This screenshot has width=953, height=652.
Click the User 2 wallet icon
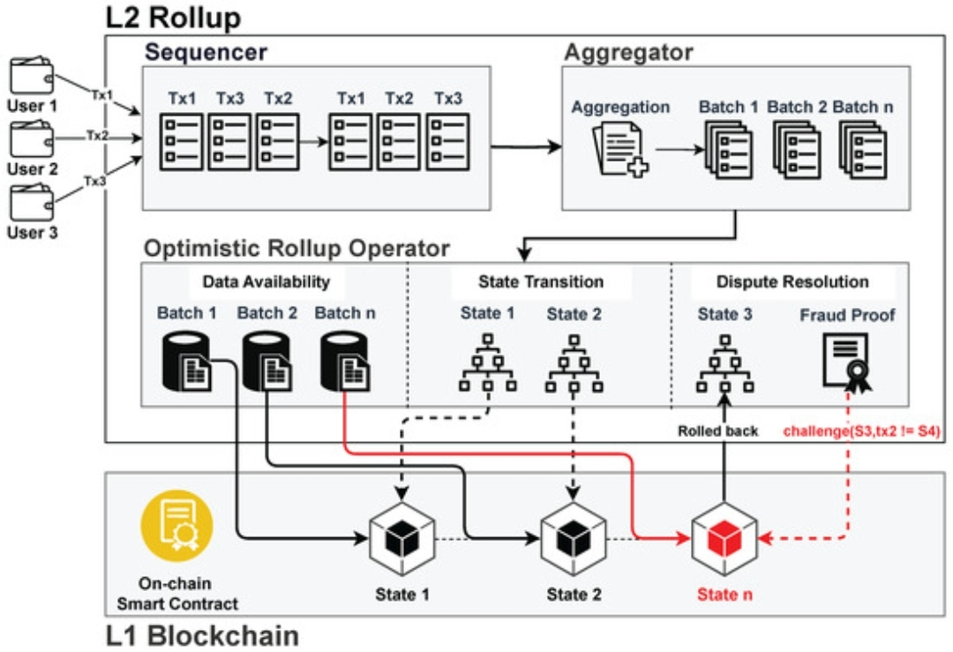32,139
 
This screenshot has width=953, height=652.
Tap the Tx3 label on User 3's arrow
95,180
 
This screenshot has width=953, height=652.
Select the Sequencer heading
206,51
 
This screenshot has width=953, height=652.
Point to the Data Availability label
266,282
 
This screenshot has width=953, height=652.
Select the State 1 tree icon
486,363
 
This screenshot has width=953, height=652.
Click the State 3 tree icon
724,363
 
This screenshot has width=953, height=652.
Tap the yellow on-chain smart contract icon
176,524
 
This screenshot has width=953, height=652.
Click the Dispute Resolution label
792,282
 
